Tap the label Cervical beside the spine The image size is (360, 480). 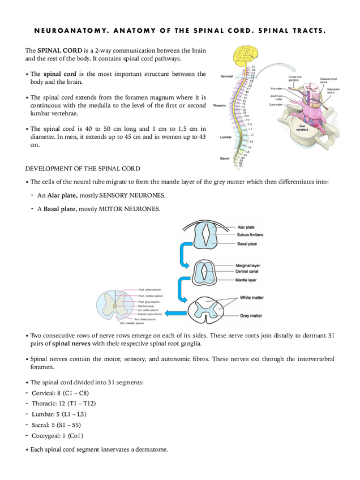point(227,76)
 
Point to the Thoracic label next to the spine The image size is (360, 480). point(219,105)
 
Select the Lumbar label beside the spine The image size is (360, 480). point(226,137)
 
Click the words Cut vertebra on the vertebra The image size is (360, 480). point(303,128)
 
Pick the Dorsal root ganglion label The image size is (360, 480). point(294,78)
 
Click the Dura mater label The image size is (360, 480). point(276,105)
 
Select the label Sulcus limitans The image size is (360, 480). point(251,234)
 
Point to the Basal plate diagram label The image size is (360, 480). point(247,244)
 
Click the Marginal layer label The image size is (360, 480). point(248,265)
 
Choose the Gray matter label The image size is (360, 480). point(251,315)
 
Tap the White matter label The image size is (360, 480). point(251,297)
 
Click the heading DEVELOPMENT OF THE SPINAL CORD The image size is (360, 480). point(83,169)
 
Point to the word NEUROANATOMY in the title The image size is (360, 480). point(62,31)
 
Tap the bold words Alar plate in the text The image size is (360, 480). point(62,195)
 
